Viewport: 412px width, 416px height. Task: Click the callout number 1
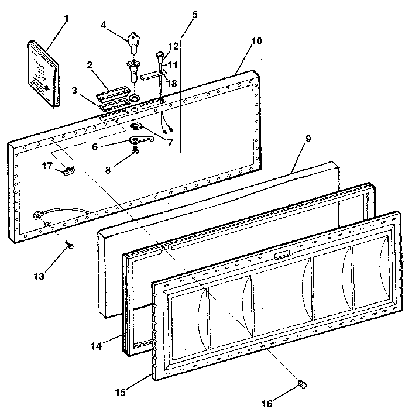coord(66,18)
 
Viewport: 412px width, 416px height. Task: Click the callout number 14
coord(96,346)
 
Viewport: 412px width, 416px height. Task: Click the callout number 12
coord(173,46)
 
